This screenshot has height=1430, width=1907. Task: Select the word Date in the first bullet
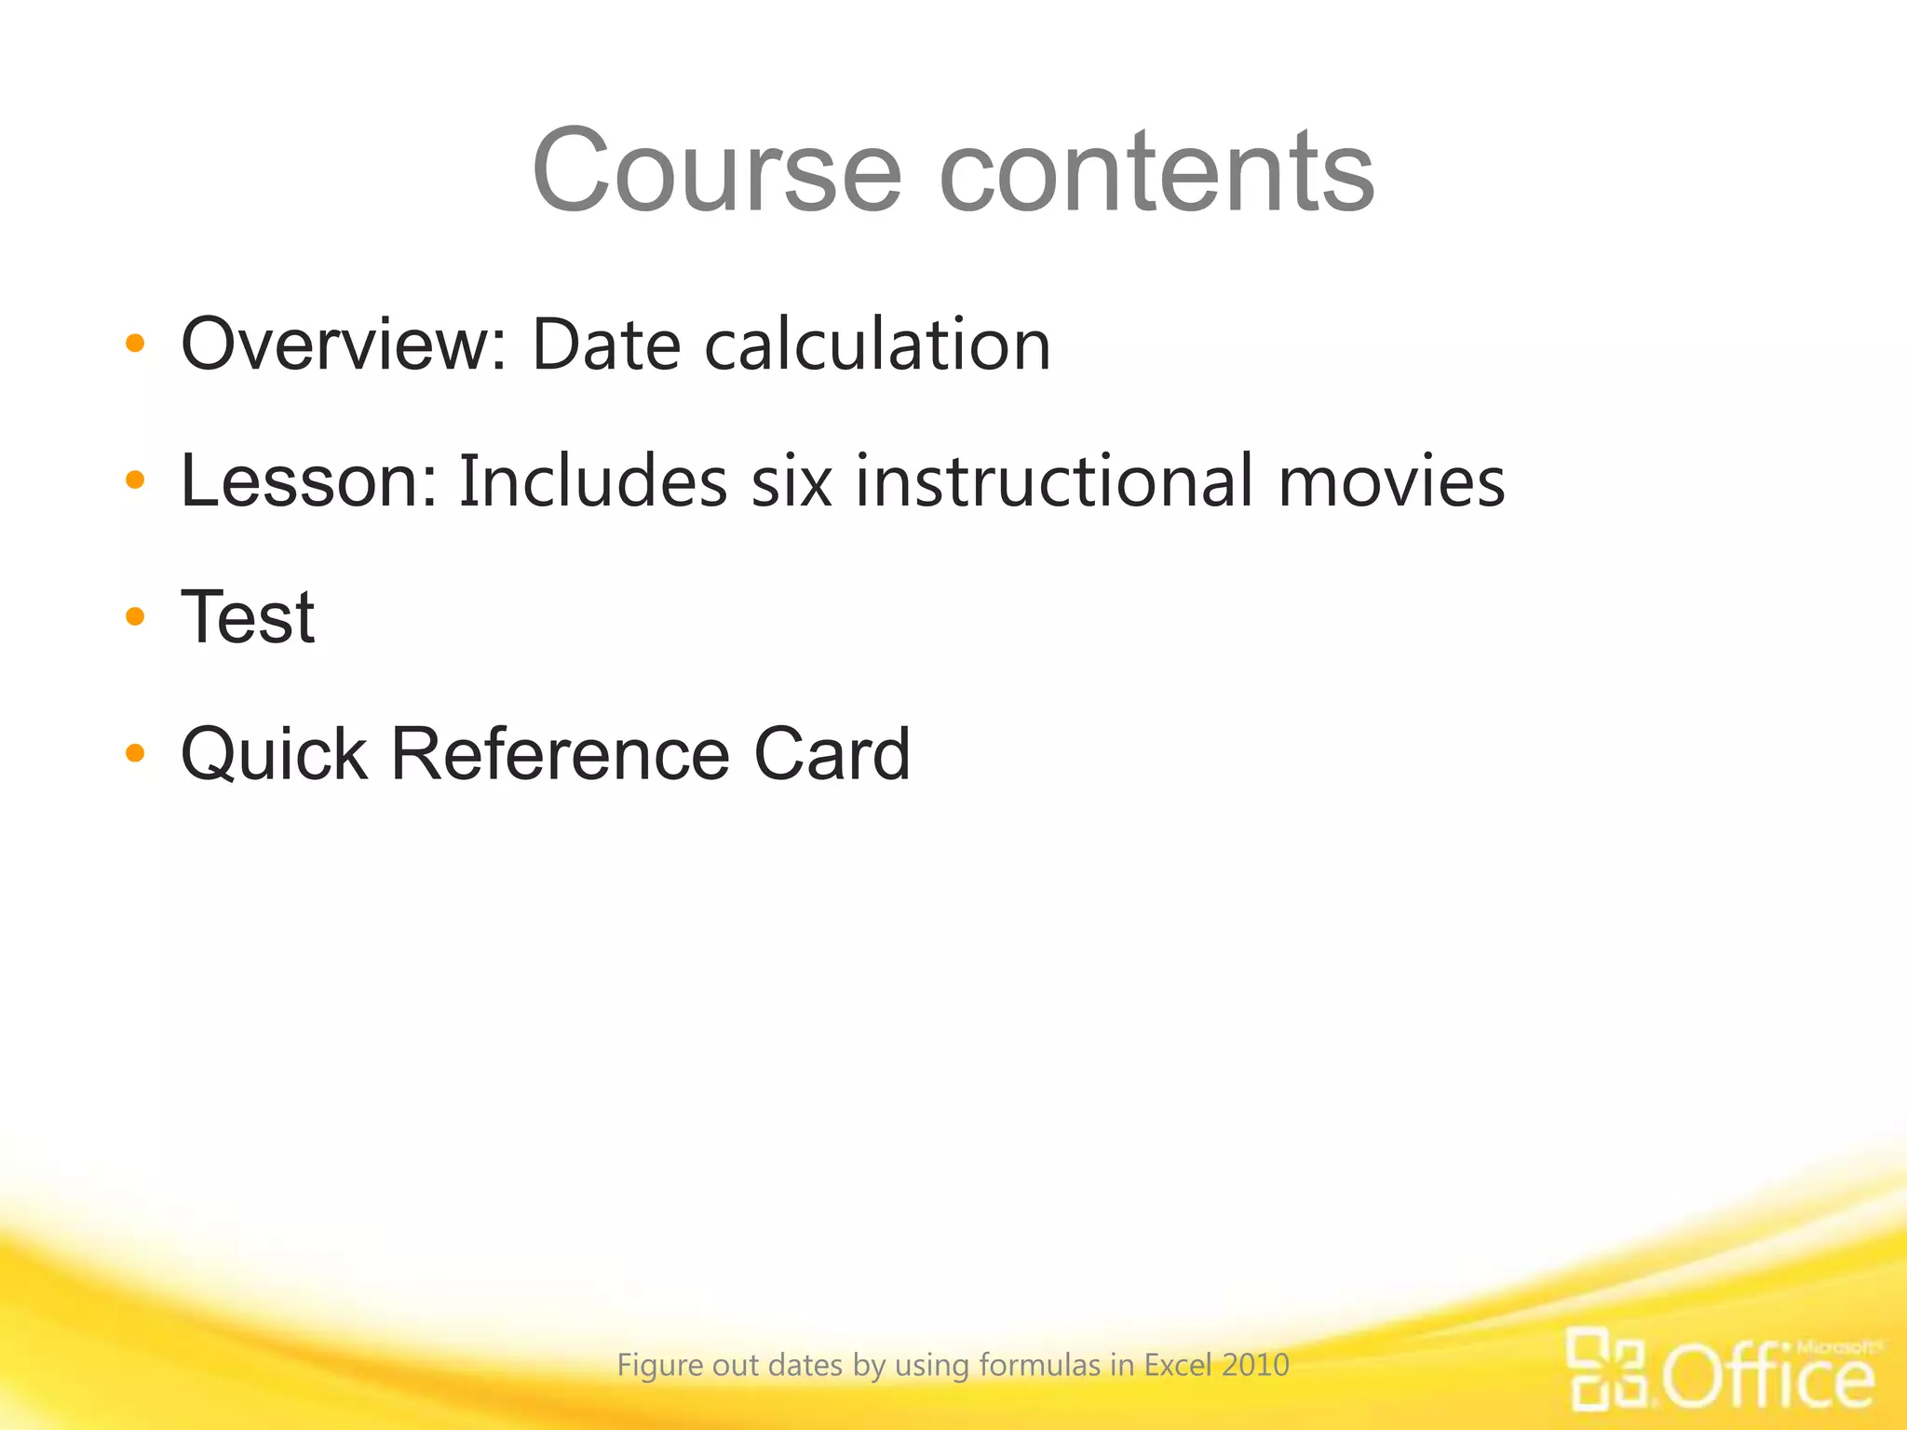click(x=606, y=344)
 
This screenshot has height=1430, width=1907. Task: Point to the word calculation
click(x=877, y=344)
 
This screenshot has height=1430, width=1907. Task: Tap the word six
click(x=791, y=481)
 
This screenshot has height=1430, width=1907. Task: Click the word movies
click(x=1391, y=481)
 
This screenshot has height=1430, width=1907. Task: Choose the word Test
click(x=248, y=616)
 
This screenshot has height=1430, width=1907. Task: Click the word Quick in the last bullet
click(x=274, y=753)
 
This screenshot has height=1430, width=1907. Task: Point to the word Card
click(x=832, y=753)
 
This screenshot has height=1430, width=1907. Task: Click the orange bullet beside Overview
click(x=135, y=344)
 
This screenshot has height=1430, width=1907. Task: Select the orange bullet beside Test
click(x=135, y=616)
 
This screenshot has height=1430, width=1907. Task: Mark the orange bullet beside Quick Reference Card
click(x=135, y=753)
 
